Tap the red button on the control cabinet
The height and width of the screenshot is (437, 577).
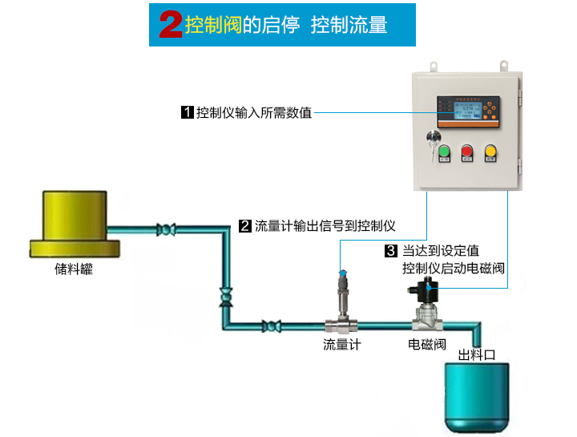[x=466, y=150]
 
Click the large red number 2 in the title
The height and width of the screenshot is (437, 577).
[x=171, y=25]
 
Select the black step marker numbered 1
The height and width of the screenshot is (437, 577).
[x=187, y=112]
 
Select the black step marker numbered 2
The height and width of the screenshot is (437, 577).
[x=245, y=226]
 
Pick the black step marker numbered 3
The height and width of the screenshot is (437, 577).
[x=392, y=251]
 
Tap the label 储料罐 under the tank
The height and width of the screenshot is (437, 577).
[x=74, y=269]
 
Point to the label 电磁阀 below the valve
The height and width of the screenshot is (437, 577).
[x=426, y=345]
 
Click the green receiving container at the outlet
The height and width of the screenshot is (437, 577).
[x=478, y=395]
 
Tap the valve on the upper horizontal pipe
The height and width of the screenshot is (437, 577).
[x=167, y=230]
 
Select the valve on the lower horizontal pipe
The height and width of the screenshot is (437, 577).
[x=272, y=326]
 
